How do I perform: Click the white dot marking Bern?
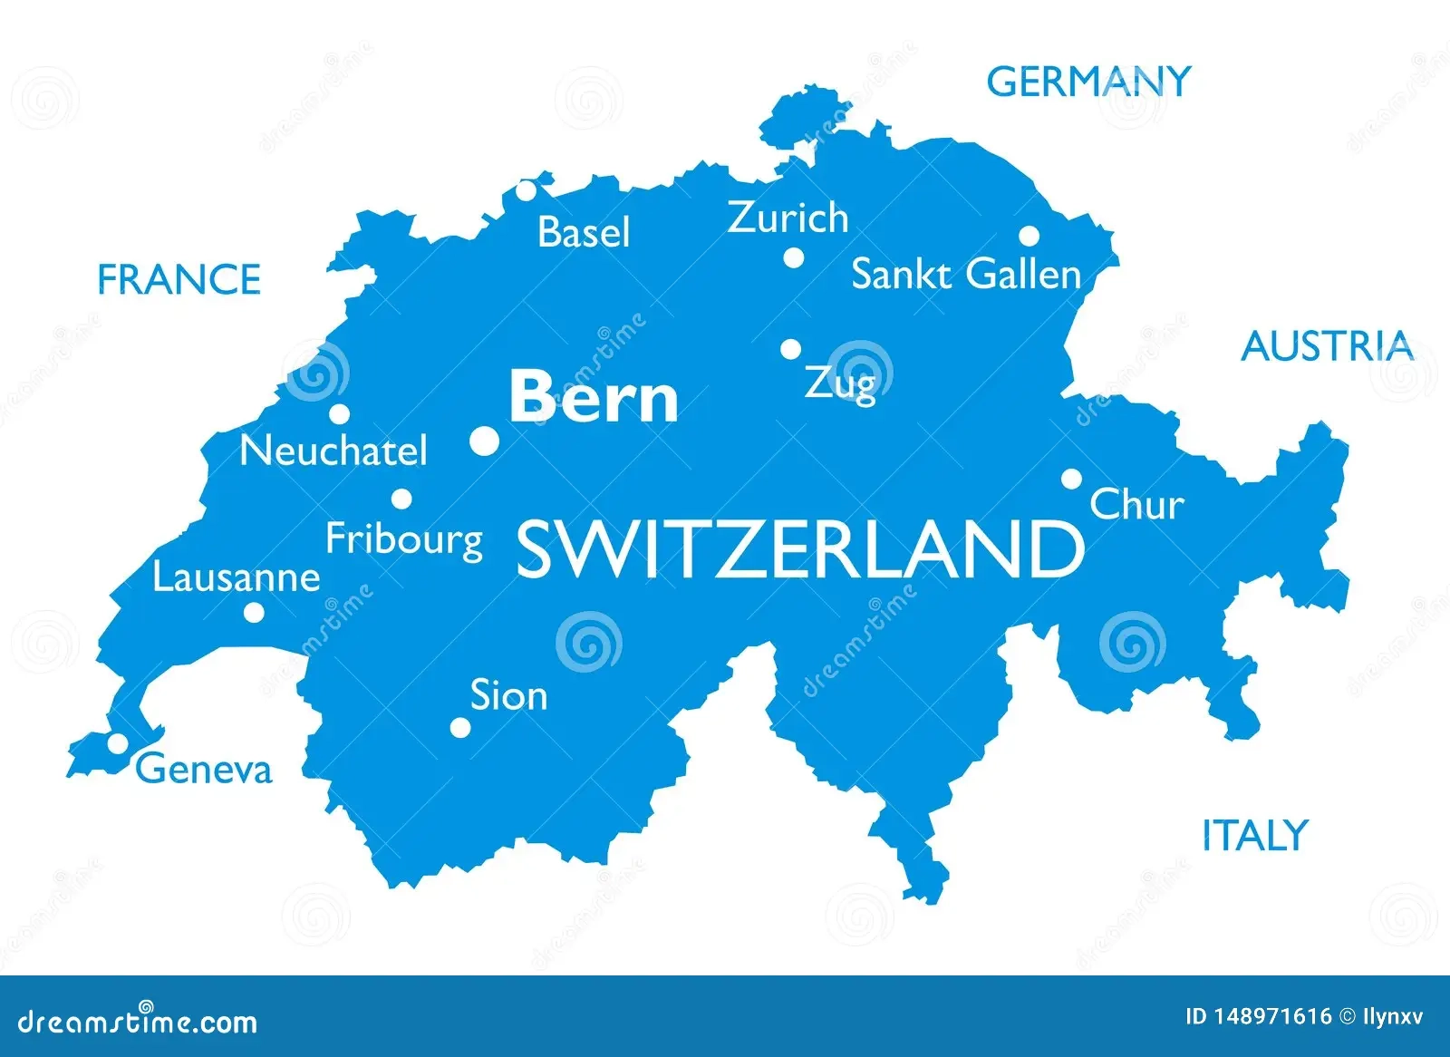pos(485,441)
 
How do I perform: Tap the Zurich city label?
pos(788,218)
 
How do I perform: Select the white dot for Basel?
pos(527,191)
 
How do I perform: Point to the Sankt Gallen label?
pos(966,275)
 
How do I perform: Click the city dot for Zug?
pos(791,349)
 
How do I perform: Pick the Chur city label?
pos(1136,505)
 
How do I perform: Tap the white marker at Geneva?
pos(118,743)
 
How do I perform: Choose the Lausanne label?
pos(236,577)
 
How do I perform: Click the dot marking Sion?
pos(460,727)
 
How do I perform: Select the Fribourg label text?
pos(404,539)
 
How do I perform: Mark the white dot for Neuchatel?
pos(340,414)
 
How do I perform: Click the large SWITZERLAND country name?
pos(799,549)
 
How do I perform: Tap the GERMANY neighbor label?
pos(1087,82)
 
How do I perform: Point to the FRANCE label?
pos(179,279)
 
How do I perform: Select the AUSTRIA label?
pos(1327,346)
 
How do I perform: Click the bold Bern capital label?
pos(594,397)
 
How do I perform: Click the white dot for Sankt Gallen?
pos(1029,237)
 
